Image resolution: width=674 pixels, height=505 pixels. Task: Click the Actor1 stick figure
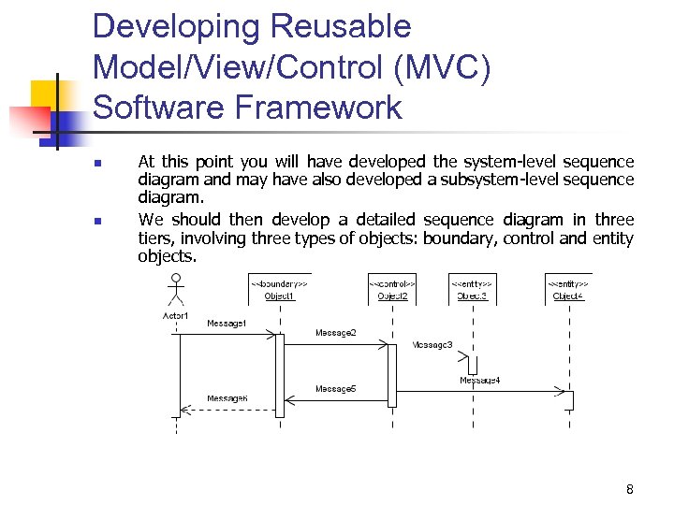175,291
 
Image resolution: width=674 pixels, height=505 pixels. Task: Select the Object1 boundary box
279,289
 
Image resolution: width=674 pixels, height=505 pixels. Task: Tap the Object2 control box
392,289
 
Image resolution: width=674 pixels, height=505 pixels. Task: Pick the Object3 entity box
472,289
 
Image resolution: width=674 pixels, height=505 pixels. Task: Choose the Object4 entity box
568,289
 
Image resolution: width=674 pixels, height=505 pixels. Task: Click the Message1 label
227,324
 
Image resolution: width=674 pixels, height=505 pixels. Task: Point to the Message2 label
335,333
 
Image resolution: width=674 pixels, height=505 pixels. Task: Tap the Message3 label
432,345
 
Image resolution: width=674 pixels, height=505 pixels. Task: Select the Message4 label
479,380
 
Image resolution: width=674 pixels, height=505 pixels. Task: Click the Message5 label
335,388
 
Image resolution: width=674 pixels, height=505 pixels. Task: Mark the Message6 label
227,398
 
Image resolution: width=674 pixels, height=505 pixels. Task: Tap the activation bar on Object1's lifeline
279,374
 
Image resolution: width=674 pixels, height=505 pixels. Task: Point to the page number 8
630,489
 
